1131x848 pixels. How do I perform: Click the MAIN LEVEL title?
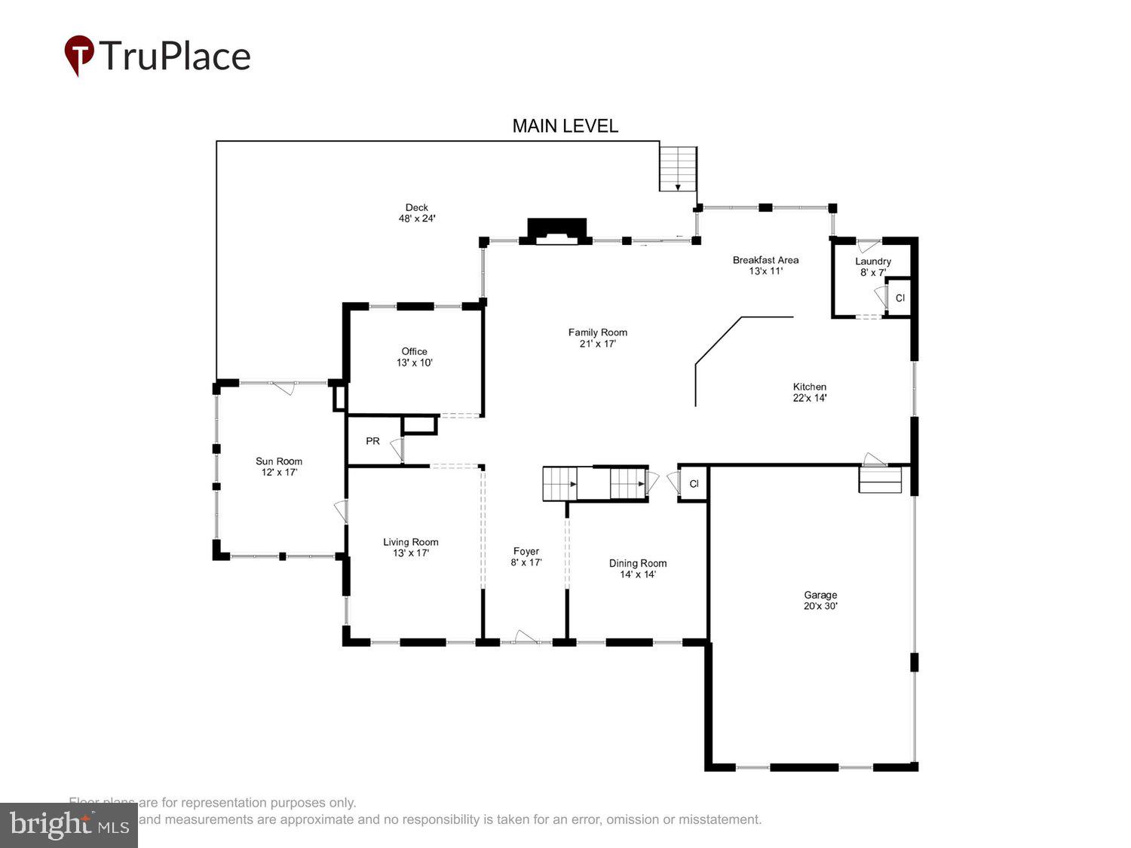pos(565,126)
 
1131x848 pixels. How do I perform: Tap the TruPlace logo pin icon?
pos(78,54)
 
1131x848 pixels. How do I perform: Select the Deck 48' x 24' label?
pos(417,213)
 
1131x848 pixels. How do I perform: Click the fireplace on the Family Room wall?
pos(556,231)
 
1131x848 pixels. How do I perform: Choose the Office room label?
pos(414,357)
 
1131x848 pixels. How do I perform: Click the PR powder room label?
pos(372,441)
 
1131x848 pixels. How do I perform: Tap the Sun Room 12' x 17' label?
pos(279,467)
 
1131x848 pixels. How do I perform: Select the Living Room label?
pos(410,547)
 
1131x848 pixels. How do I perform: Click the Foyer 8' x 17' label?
pos(526,556)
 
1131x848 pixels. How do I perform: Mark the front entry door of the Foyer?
pos(526,641)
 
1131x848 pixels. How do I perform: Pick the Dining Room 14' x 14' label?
pos(638,568)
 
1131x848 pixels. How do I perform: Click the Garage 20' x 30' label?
pos(820,600)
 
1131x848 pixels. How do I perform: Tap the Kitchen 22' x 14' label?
pos(809,392)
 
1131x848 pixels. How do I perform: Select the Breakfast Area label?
pos(765,265)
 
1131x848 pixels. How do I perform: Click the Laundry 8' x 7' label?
pos(873,266)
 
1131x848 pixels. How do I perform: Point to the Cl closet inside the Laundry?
pos(900,298)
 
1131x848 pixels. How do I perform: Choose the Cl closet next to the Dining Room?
pos(694,484)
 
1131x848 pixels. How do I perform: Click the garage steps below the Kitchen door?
pos(880,480)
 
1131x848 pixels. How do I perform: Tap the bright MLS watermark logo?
pos(69,825)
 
